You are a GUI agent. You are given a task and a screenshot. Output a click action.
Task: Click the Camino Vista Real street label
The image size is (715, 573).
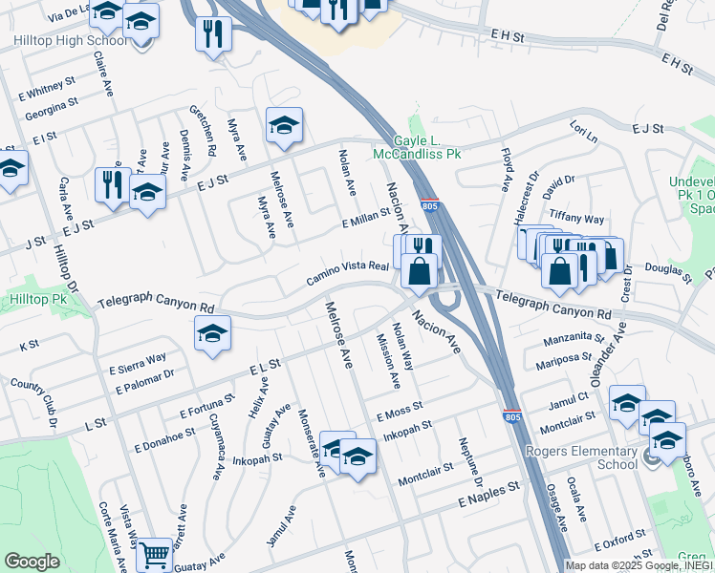[x=346, y=272]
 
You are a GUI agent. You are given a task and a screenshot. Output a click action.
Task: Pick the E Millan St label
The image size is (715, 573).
[x=367, y=218]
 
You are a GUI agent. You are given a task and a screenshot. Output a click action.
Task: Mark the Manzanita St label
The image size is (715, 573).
[x=574, y=339]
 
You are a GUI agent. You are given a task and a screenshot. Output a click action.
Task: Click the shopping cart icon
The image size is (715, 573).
[x=153, y=553]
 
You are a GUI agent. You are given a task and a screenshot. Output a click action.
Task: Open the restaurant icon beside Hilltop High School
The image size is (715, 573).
[x=212, y=33]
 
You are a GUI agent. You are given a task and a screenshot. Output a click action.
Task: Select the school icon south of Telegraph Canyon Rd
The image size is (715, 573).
[x=212, y=333]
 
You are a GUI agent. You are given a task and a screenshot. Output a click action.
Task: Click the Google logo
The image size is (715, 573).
[x=32, y=562]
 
